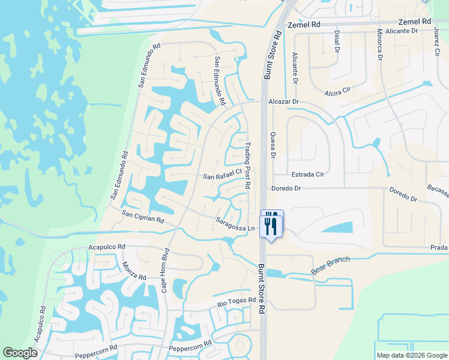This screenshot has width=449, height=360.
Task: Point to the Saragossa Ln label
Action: coord(236,224)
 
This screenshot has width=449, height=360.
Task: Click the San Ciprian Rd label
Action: coord(143,216)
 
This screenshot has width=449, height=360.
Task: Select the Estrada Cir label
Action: coord(307,174)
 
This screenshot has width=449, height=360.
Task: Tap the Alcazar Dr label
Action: coord(283,101)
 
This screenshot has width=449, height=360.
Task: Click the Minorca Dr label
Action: coord(380,45)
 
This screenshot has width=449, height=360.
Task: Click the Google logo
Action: coord(20,353)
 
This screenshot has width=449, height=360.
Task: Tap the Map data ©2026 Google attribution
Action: coord(411,355)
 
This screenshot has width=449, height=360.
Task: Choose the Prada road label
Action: coord(439,248)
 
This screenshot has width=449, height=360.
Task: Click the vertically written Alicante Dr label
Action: coord(295,67)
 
